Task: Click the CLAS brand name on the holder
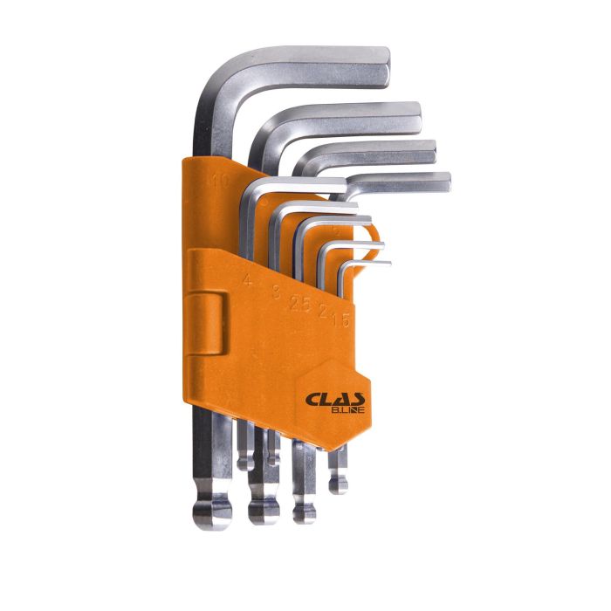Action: (331, 399)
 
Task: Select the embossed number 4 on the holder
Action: (248, 281)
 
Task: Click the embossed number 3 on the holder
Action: (276, 292)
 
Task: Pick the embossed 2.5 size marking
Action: (299, 302)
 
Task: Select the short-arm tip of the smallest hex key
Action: (388, 262)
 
